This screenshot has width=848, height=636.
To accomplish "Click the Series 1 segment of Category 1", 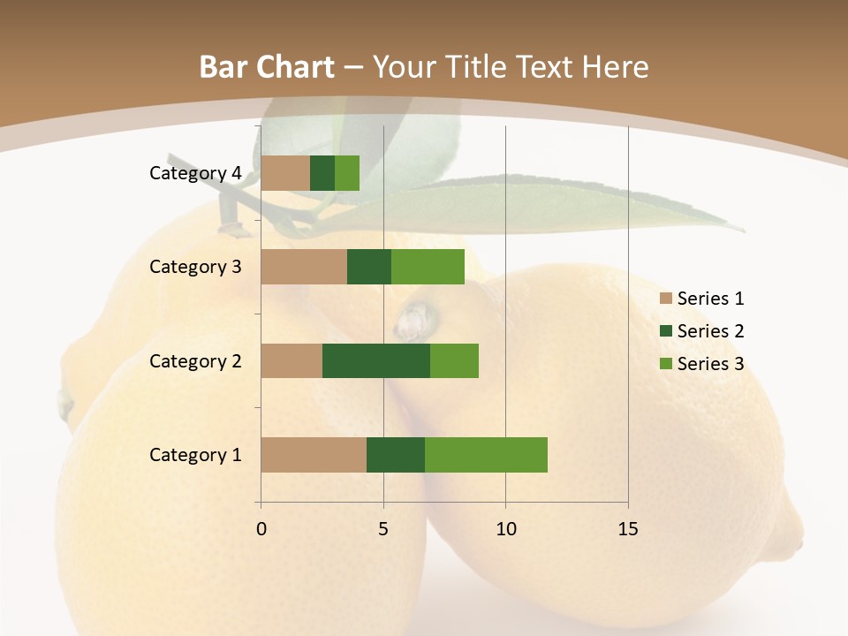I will click(x=314, y=455).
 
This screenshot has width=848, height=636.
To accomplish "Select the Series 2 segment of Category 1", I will click(x=396, y=455).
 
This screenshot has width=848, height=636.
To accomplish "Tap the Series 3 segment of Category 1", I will click(x=486, y=455).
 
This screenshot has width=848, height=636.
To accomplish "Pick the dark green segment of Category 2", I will click(x=376, y=360).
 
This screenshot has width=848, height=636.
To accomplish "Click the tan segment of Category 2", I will click(x=291, y=360).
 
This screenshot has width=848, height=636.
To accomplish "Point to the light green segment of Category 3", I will click(x=428, y=267).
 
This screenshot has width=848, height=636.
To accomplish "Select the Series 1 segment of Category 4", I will click(x=285, y=173).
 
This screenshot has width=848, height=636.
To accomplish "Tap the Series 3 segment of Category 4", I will click(x=347, y=173).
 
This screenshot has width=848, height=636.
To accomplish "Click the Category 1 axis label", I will click(x=195, y=455).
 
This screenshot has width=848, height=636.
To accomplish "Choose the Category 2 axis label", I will click(x=195, y=360).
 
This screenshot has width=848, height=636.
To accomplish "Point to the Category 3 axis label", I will click(x=195, y=267).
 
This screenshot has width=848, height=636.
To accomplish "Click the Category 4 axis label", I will click(x=195, y=173).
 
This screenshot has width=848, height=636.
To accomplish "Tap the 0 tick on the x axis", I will click(x=261, y=529).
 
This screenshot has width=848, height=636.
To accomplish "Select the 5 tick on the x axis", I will click(x=383, y=529).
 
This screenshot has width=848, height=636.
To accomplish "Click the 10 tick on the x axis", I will click(x=505, y=529).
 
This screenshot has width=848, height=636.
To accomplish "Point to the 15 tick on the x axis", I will click(x=628, y=529).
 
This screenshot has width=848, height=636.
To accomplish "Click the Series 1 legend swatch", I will click(x=665, y=299).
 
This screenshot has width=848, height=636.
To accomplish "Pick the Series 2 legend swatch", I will click(x=665, y=331).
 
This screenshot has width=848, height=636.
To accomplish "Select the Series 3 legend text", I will click(x=710, y=364).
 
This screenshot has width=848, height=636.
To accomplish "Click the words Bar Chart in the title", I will click(x=267, y=67).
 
